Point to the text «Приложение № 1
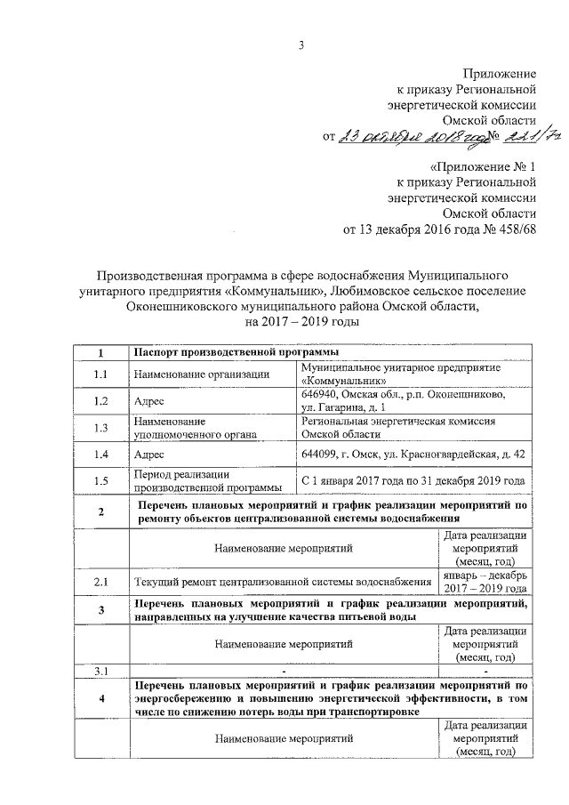484,166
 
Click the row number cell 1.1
101,374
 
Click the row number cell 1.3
101,428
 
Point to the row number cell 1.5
101,480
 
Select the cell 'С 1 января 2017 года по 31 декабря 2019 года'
413,480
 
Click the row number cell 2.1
101,582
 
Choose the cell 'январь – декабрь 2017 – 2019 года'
485,582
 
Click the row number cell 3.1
101,669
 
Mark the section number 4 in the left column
101,699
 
